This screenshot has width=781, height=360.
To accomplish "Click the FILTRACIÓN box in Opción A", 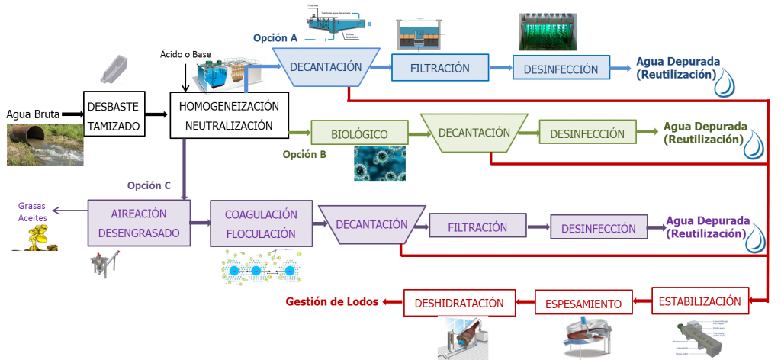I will [439, 68].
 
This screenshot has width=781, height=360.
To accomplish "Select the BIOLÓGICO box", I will [358, 134].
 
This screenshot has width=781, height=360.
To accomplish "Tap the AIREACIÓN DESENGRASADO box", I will [138, 223].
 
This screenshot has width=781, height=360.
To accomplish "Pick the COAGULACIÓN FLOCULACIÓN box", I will [261, 223].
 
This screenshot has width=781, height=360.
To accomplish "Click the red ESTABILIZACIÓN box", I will [699, 301].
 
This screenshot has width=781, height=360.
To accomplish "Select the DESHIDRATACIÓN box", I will [459, 303].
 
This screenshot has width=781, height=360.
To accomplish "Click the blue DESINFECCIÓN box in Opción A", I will [561, 69].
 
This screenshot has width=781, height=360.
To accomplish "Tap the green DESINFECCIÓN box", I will [587, 133].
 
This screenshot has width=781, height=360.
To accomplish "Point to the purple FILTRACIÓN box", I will [477, 227].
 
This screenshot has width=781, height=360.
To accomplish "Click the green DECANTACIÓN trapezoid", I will [474, 133].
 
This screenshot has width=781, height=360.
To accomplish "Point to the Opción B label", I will [304, 155].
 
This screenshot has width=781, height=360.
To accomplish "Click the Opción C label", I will [149, 185].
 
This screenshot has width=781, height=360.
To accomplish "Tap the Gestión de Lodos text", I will [333, 301].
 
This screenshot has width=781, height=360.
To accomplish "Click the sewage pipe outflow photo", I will [44, 145].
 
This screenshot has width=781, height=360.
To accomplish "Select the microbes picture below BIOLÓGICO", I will [379, 163].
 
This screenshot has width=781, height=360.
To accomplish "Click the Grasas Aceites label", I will [33, 211].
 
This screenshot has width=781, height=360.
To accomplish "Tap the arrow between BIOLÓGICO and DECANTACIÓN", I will [418, 134].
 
